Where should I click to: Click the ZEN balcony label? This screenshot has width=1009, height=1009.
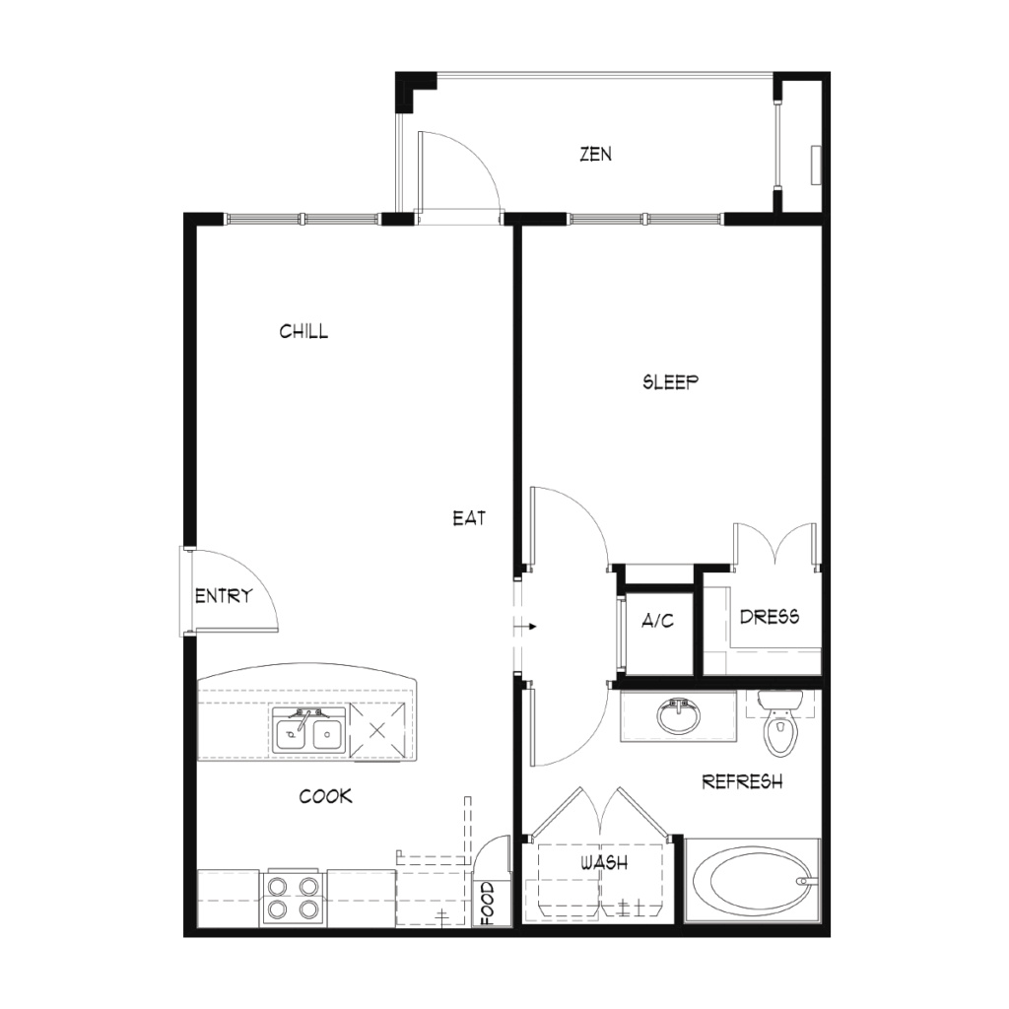(x=595, y=155)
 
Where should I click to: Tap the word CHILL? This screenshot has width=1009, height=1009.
(x=303, y=331)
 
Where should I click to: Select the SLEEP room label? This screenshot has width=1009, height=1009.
(x=670, y=382)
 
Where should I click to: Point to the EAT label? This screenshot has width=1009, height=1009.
(x=469, y=518)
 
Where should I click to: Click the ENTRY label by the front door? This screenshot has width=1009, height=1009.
(x=224, y=596)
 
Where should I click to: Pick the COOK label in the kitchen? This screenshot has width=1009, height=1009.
(x=325, y=796)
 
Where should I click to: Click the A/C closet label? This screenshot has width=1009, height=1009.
(x=657, y=621)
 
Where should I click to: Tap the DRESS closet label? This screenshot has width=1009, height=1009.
(x=770, y=617)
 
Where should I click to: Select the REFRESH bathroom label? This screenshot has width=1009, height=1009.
(x=742, y=781)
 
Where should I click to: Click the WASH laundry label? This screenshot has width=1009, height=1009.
(x=604, y=862)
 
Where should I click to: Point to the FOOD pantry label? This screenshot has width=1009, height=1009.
(x=487, y=904)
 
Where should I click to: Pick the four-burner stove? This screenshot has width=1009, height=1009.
(x=294, y=899)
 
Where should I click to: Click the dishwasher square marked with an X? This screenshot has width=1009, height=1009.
(x=377, y=730)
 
